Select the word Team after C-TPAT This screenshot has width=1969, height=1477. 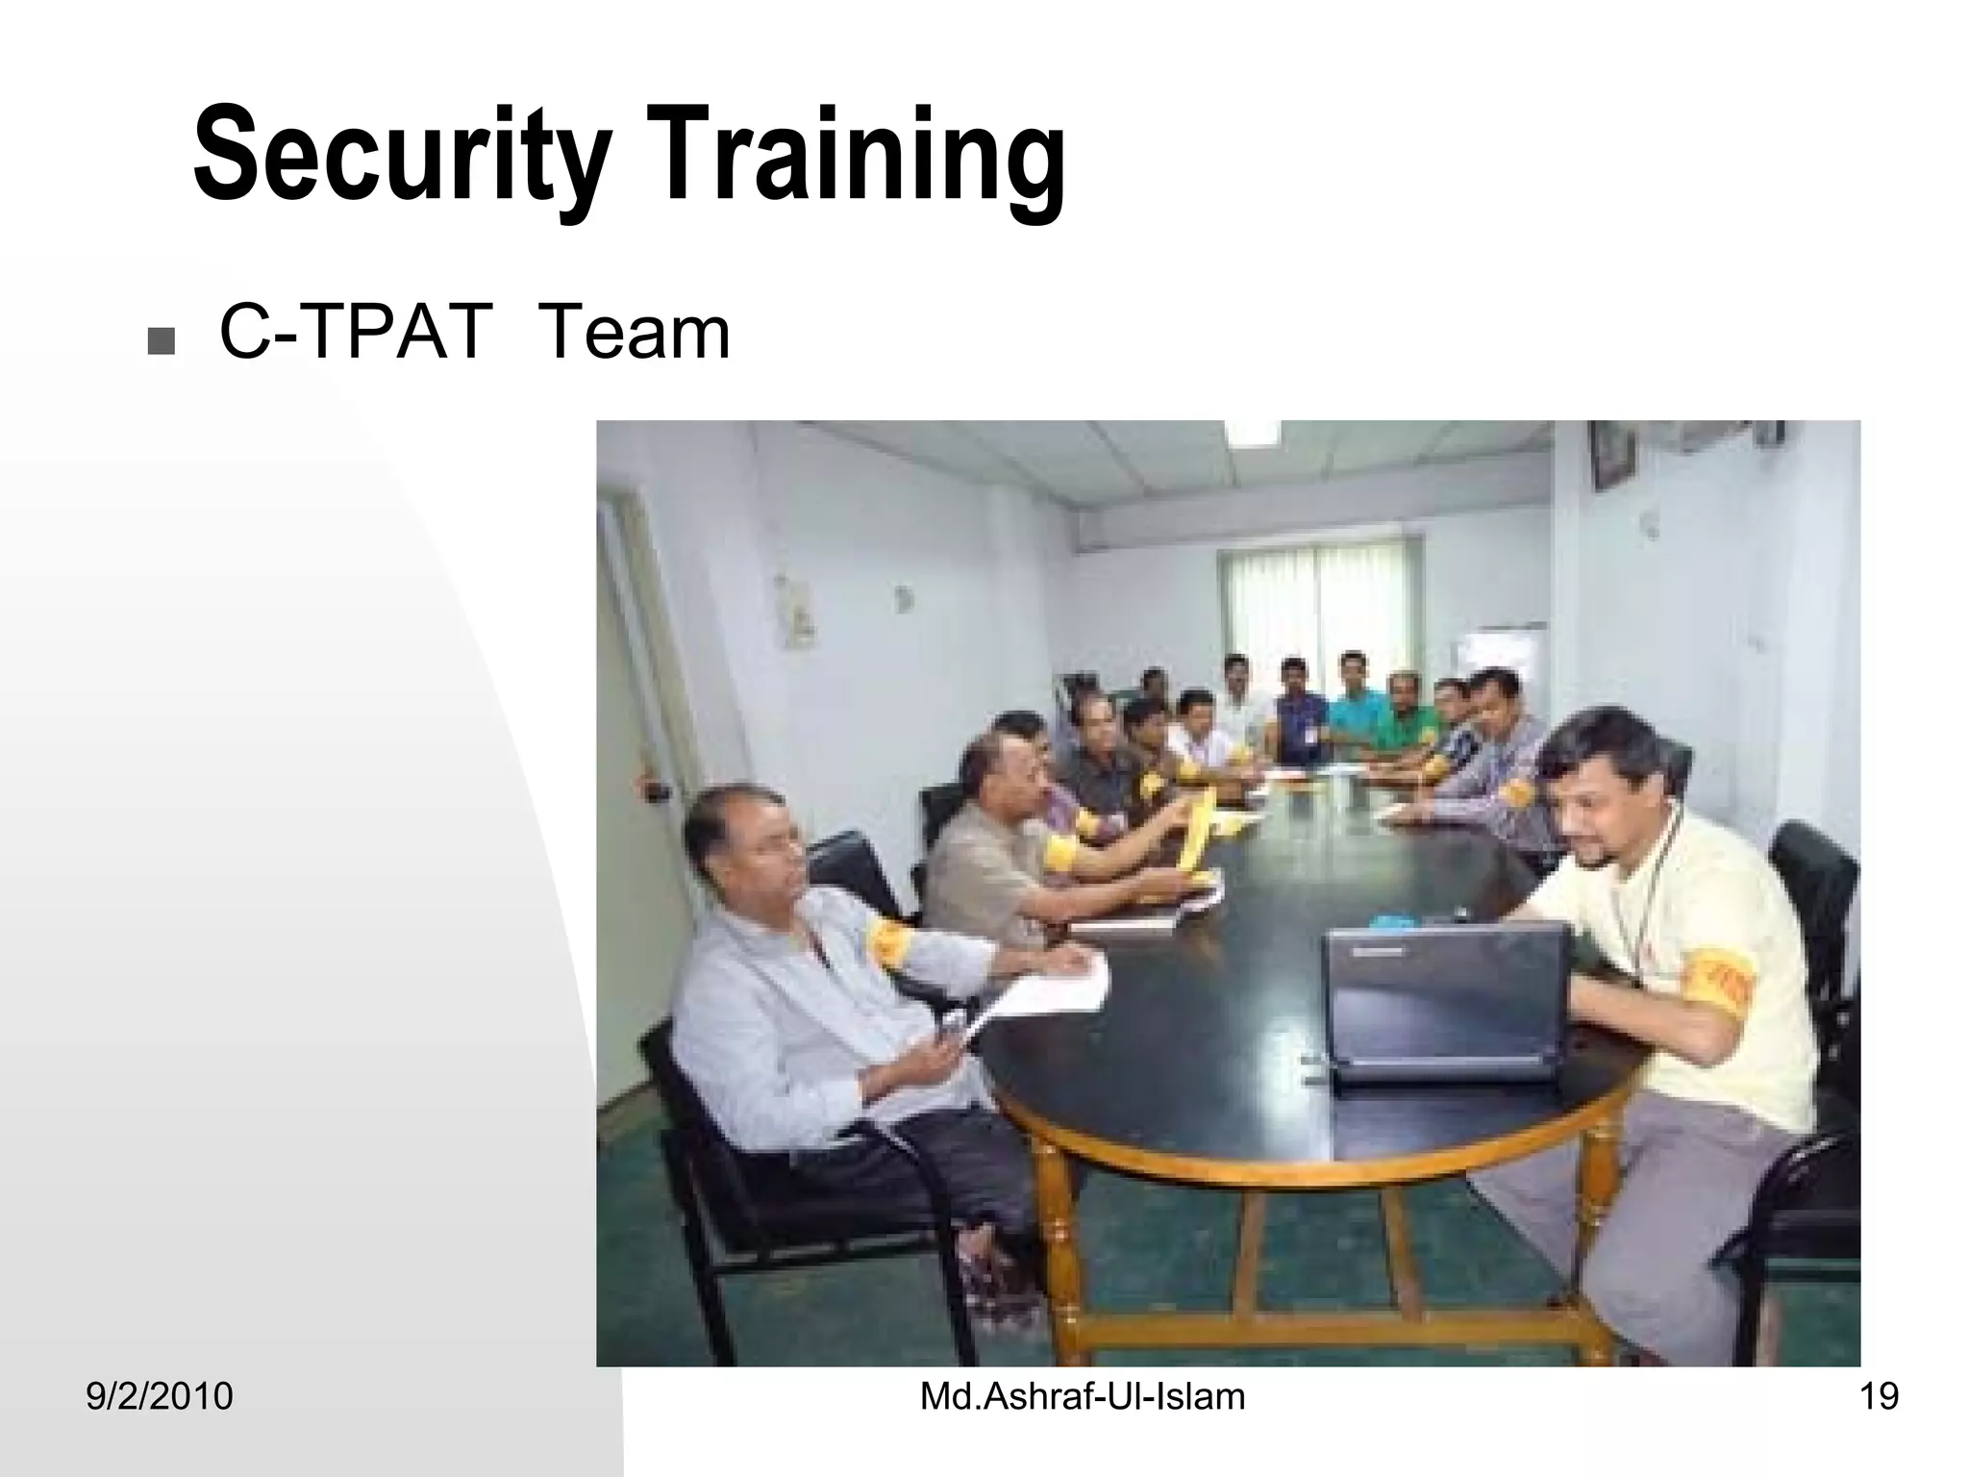pos(635,334)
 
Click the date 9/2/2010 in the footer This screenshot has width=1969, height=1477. pos(160,1396)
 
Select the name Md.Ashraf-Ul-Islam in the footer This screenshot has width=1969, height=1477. pos(1083,1396)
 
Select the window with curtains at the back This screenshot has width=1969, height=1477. pos(1317,596)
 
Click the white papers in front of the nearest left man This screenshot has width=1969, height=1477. pos(1048,990)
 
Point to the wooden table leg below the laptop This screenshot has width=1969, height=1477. pos(1591,1221)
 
